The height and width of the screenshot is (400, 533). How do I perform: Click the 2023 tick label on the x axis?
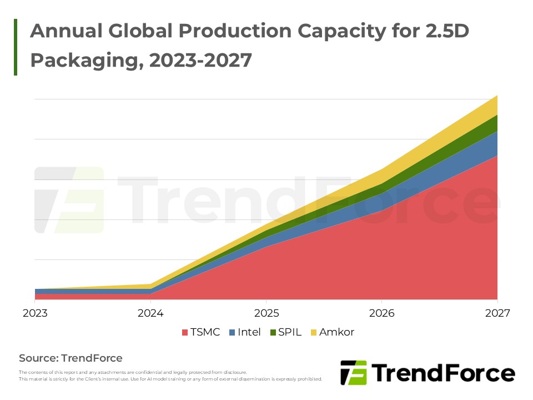click(35, 313)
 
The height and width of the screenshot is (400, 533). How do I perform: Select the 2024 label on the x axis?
click(150, 313)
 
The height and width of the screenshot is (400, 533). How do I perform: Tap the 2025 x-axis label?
click(266, 313)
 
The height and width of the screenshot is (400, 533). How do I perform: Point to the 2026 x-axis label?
click(382, 313)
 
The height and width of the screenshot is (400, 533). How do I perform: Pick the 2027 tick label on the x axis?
click(497, 313)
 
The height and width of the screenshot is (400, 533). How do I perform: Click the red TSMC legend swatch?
click(185, 333)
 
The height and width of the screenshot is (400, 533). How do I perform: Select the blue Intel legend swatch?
click(232, 333)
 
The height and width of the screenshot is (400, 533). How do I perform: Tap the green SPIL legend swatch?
click(273, 333)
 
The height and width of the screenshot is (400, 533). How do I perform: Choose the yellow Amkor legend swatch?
click(314, 333)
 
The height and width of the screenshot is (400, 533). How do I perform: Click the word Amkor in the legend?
click(336, 332)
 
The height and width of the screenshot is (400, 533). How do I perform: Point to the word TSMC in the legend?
click(205, 332)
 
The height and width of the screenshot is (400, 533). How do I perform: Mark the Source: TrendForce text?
click(71, 358)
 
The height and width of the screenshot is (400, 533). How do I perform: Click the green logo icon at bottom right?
click(354, 373)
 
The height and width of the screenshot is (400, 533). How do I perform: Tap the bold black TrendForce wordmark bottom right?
click(443, 373)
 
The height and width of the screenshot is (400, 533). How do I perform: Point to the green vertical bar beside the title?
click(16, 47)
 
